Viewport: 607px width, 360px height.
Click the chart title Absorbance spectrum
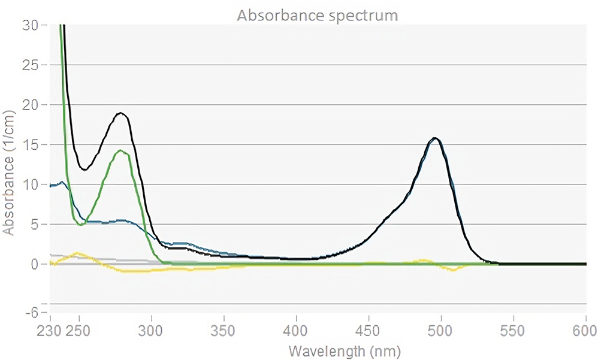[317, 15]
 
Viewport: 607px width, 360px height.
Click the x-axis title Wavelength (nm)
[344, 349]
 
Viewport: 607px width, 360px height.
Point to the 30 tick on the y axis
[31, 25]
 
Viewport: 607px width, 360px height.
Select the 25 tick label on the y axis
[31, 65]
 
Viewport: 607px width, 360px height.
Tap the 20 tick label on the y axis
[31, 105]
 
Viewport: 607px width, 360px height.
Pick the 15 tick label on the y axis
[31, 144]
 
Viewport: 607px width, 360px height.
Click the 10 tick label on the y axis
[31, 184]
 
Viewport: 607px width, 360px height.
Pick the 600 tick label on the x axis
[585, 330]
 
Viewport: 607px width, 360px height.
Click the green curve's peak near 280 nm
[122, 150]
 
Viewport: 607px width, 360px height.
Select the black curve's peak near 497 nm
[436, 138]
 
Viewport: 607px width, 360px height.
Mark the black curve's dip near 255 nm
[84, 170]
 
